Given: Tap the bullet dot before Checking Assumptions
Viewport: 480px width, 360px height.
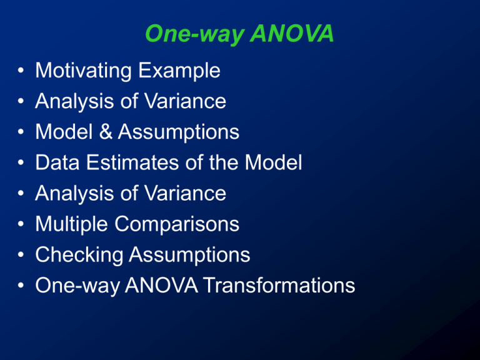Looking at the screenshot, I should click(21, 256).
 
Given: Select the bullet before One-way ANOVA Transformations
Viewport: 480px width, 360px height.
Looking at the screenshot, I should click(21, 286).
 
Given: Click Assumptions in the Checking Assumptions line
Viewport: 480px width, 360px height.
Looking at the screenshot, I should click(189, 255).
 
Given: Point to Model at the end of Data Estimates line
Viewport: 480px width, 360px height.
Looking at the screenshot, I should click(272, 163).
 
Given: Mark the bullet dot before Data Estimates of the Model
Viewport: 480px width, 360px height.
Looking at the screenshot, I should click(21, 164).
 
